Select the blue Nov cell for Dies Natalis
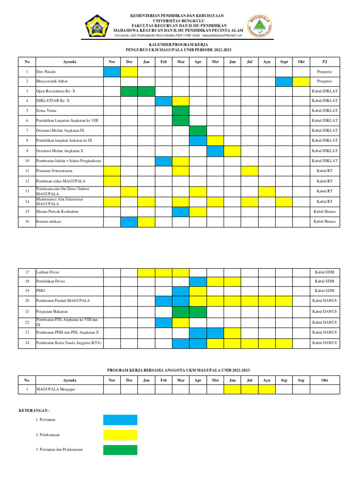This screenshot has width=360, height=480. pos(112,72)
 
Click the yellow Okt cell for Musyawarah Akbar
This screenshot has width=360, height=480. pos(301,82)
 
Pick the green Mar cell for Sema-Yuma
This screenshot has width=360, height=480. pos(180,111)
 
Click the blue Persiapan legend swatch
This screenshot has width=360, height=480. pos(120,420)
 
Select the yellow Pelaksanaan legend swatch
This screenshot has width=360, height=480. pos(120,435)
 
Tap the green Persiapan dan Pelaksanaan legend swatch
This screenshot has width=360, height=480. pos(120,450)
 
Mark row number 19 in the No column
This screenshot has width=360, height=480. pos(27,291)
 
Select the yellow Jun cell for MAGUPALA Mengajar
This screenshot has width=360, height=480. pos(232,389)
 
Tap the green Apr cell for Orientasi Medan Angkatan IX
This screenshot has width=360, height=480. pos(198,130)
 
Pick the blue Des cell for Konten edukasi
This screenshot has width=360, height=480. pos(129,222)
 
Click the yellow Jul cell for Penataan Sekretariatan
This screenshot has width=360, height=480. pos(249,171)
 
